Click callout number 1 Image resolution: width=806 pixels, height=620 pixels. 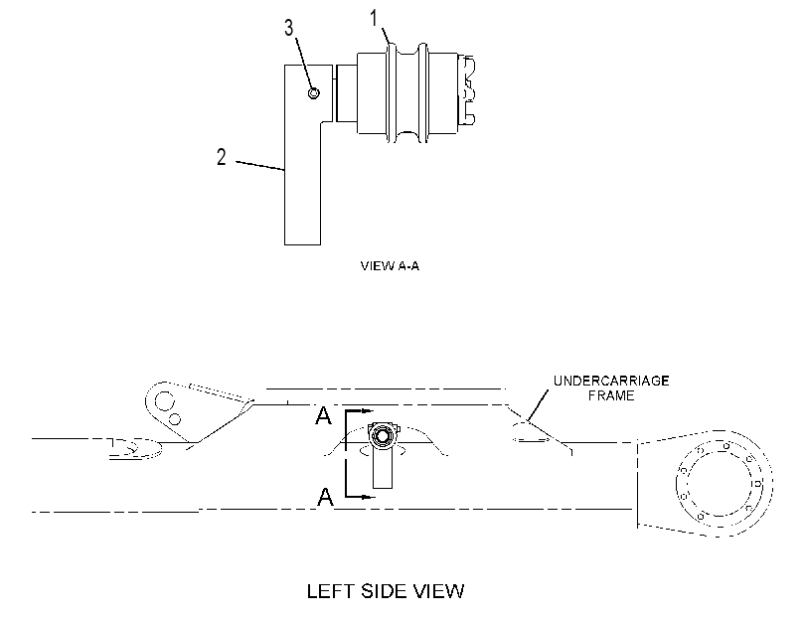tap(374, 19)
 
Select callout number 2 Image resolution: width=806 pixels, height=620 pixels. tap(221, 157)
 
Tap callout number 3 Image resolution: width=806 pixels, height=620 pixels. tap(289, 28)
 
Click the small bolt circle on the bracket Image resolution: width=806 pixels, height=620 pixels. tap(314, 93)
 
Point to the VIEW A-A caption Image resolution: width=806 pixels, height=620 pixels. tap(390, 266)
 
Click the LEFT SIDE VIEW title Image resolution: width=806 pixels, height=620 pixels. tap(386, 591)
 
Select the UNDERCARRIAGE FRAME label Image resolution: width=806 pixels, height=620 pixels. tap(611, 388)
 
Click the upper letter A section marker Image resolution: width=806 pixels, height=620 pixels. tap(323, 416)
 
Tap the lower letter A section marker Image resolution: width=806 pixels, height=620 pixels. tap(325, 497)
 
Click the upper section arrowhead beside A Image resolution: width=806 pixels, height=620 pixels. tap(366, 410)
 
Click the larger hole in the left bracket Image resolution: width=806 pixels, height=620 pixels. tap(165, 400)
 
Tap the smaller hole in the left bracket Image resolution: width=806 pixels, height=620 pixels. tap(175, 419)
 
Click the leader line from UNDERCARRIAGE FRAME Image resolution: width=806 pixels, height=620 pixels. tap(537, 406)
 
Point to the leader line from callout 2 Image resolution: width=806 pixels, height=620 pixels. tap(260, 166)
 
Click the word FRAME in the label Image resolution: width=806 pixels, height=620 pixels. tap(611, 395)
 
